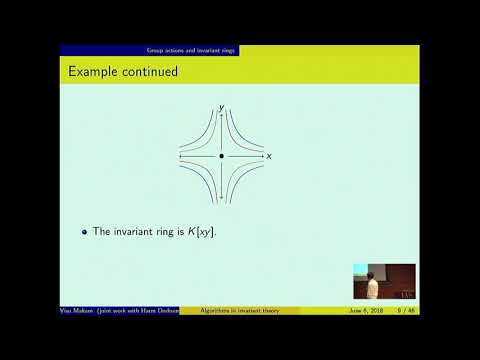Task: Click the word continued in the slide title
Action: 148,72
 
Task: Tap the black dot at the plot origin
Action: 221,157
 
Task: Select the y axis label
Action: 221,104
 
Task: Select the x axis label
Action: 270,157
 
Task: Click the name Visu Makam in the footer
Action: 79,311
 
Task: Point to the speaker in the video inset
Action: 372,287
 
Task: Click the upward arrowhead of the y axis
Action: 221,112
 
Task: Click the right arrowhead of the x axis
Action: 263,157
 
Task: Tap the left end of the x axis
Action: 179,157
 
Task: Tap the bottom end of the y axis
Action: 221,200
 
